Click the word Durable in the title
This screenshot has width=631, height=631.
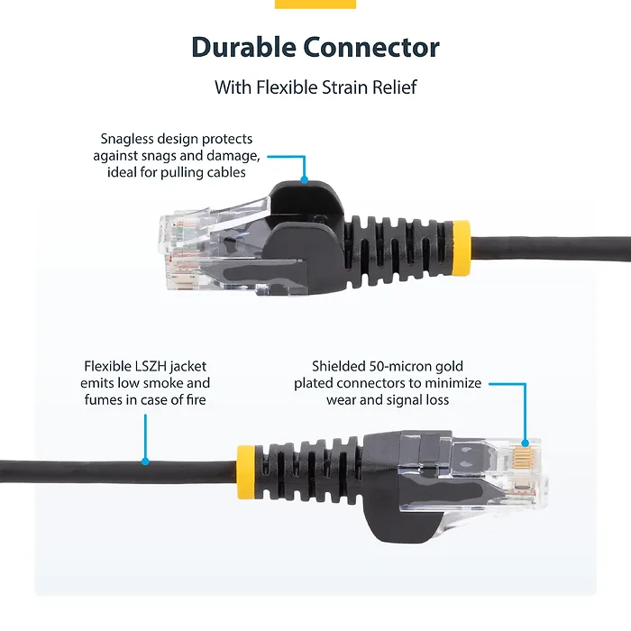243,48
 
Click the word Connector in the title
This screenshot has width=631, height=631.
371,48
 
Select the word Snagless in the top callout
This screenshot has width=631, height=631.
127,139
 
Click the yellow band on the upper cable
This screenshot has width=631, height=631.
462,248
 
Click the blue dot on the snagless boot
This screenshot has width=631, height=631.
305,180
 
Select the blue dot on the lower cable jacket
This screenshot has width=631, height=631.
145,462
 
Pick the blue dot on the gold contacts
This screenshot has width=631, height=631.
526,444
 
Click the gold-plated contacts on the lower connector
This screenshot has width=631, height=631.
522,456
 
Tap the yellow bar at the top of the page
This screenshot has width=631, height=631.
315,4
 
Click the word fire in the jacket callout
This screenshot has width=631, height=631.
196,399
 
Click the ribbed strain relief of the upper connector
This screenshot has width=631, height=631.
398,250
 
